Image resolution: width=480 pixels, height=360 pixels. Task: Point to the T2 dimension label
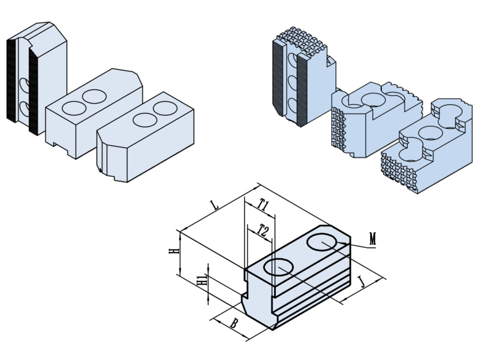[262, 231]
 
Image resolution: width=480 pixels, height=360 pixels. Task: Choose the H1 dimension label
[200, 281]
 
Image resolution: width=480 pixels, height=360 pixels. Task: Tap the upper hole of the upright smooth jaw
[25, 84]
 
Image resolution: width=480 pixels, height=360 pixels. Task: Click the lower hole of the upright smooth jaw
[25, 108]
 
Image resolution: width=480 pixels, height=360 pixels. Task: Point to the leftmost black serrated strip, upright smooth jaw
[10, 80]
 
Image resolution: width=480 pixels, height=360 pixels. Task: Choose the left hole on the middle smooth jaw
[74, 108]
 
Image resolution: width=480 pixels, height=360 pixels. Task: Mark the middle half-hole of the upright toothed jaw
[292, 83]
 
